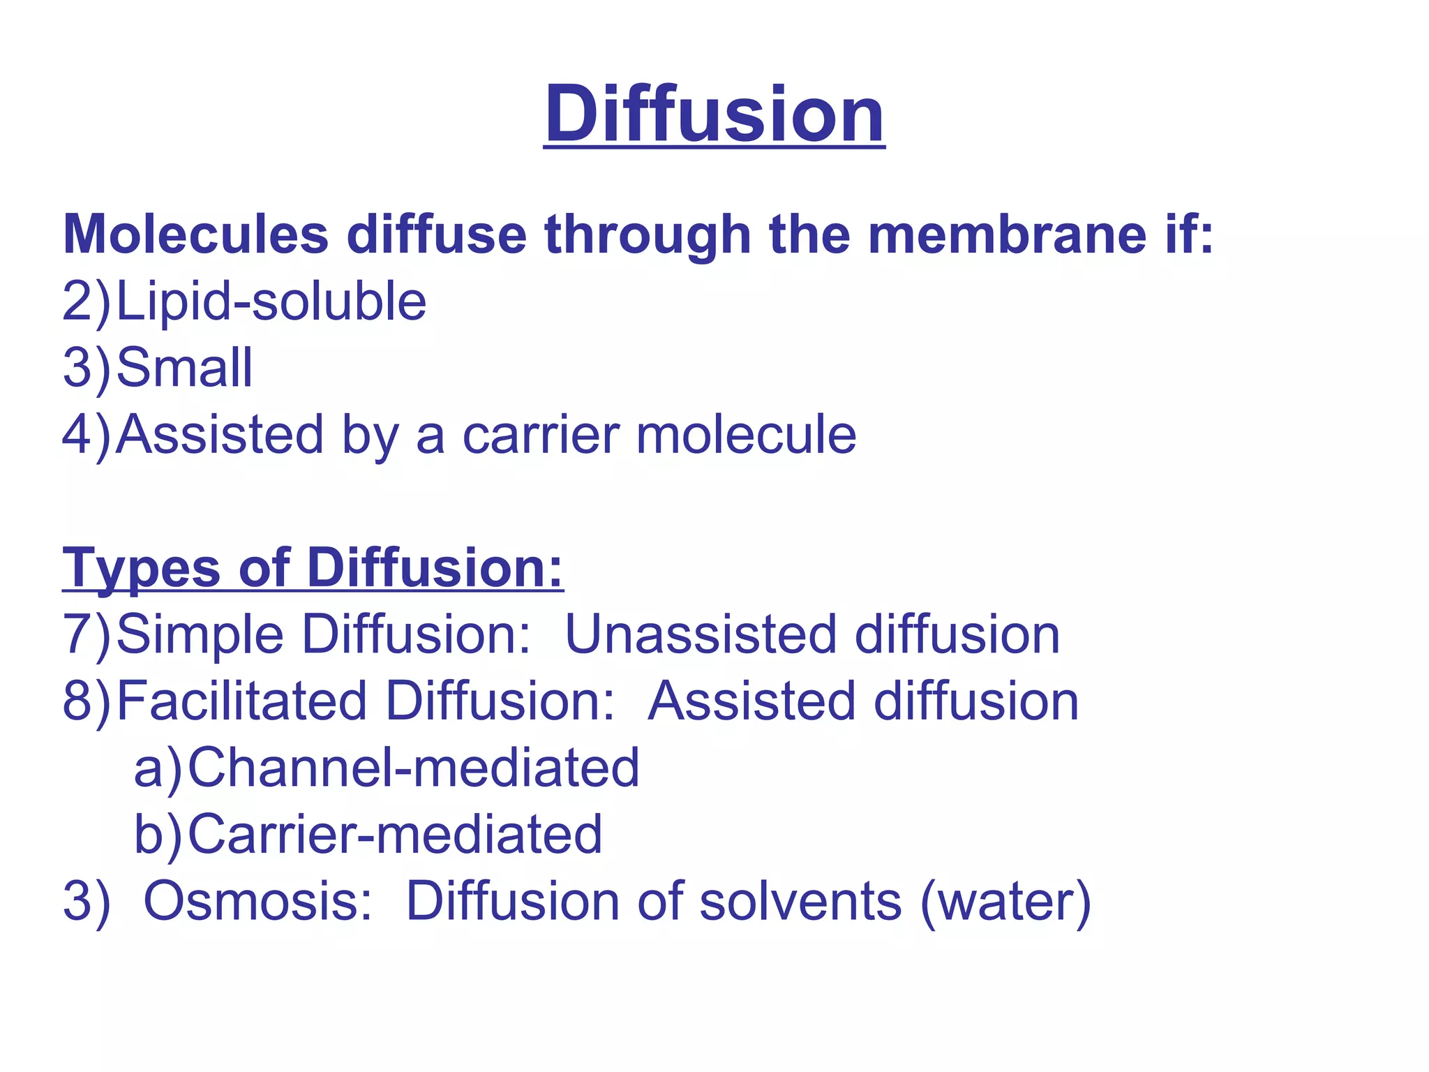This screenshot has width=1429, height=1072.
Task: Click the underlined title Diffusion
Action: tap(714, 113)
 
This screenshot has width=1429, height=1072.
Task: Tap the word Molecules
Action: tap(195, 234)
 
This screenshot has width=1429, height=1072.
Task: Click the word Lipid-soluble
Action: tap(271, 301)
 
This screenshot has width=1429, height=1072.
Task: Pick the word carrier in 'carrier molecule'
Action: tap(541, 435)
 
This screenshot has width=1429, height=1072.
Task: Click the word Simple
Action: tap(200, 635)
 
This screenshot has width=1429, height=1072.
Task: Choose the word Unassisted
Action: tap(701, 635)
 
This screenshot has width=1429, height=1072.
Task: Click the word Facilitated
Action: tap(242, 701)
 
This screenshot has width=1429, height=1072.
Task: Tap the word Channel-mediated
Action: tap(414, 768)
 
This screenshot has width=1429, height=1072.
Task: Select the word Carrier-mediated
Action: tap(395, 835)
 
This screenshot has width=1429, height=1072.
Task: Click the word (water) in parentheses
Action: tap(1005, 901)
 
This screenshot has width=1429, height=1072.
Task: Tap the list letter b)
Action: tap(158, 835)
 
